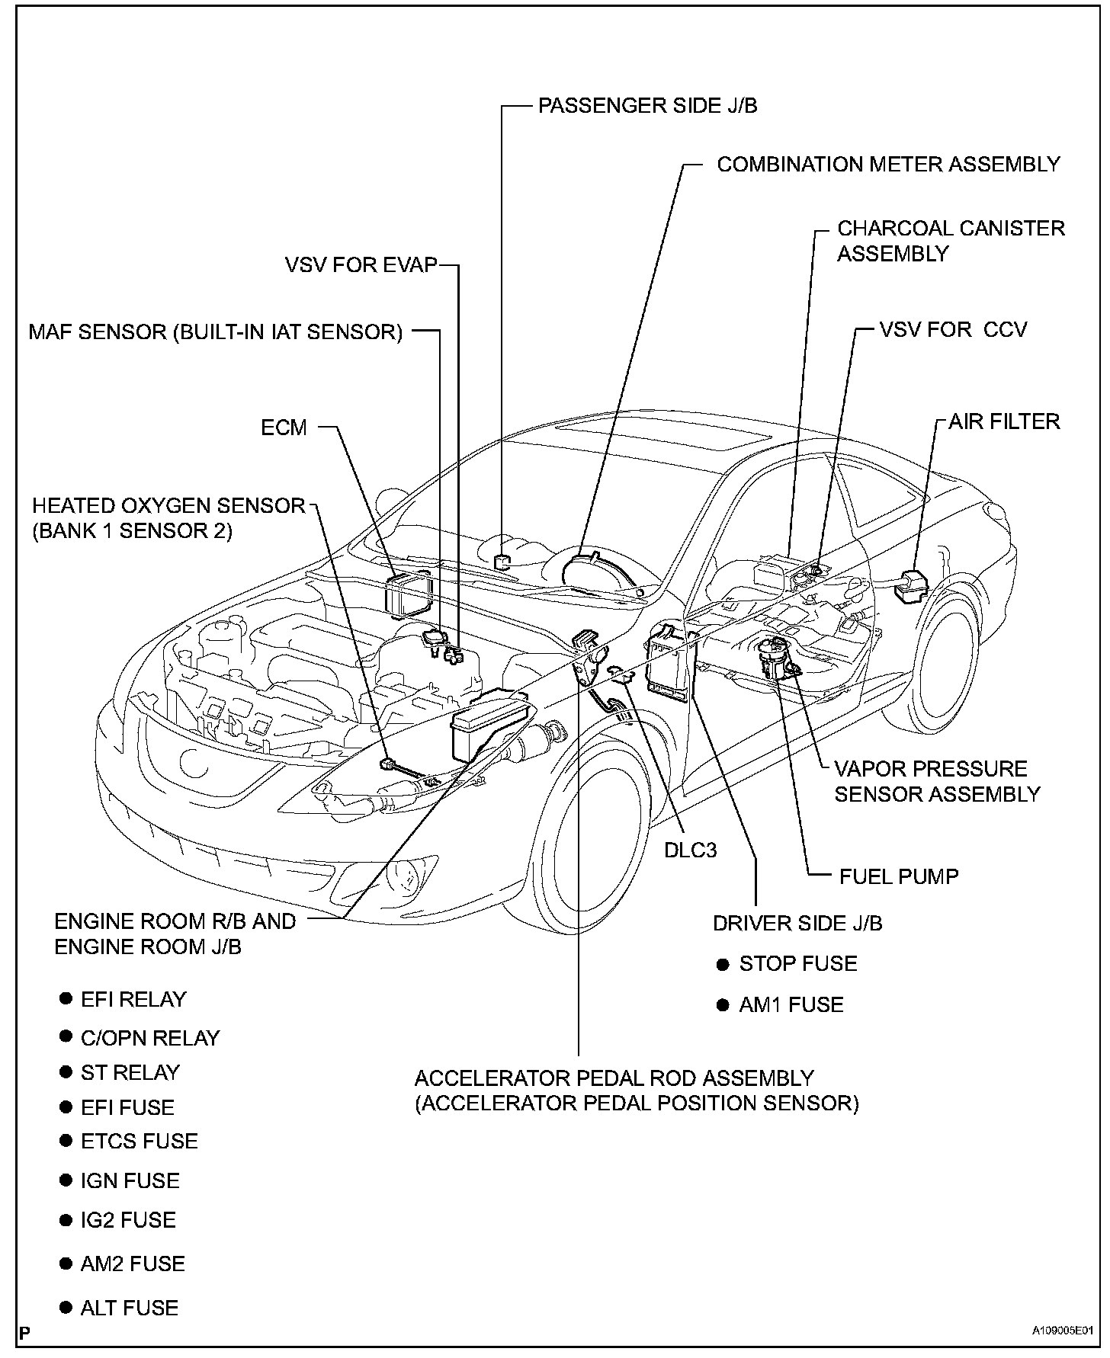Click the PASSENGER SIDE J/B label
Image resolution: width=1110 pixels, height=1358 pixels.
647,106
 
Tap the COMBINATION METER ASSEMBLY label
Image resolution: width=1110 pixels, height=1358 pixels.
888,165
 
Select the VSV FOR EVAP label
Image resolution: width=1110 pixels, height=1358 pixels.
361,264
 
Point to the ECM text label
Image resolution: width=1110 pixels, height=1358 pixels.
284,428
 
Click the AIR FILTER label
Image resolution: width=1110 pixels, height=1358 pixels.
1003,421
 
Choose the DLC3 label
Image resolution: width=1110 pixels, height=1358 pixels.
690,850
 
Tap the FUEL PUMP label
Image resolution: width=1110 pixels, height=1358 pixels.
898,876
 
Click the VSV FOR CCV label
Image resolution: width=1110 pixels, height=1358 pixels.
953,329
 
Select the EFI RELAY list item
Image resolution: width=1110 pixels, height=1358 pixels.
133,999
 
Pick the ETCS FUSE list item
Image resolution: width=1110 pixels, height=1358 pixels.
139,1141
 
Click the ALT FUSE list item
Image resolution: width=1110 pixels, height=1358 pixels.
129,1308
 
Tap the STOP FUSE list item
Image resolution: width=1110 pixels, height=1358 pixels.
797,964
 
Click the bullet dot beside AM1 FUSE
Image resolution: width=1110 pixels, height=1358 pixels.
723,1006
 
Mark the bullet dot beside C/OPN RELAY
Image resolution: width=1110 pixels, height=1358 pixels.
66,1037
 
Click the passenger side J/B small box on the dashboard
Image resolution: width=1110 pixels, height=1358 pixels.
502,562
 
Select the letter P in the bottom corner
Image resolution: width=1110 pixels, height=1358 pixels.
25,1334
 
